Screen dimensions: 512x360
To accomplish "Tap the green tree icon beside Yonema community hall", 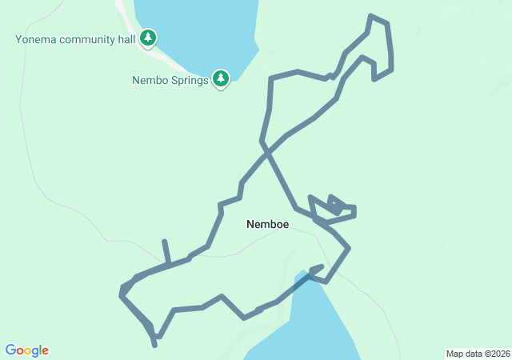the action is coord(148,38).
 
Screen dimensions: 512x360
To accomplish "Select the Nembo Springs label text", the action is coord(170,80).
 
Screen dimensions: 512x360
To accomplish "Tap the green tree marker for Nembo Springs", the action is coord(221,78).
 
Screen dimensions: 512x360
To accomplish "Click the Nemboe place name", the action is coord(267,225).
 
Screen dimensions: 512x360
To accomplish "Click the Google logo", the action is coord(26,350).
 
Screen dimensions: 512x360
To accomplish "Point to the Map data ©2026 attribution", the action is coord(477,354).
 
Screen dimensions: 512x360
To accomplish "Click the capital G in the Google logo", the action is coord(10,350).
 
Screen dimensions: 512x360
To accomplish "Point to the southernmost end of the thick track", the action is coord(154,346).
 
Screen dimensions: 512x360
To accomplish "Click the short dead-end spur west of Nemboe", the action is coord(165,242).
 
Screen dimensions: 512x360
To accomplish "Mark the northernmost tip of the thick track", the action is coord(371,16).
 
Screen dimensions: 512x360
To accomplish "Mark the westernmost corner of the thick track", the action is coord(121,294).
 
